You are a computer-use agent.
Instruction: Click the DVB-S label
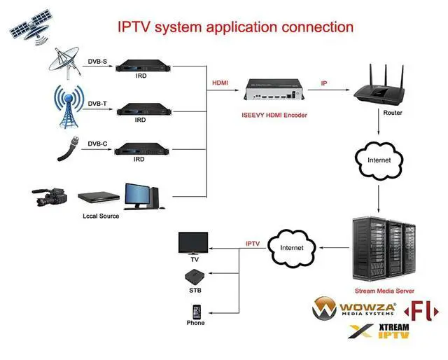97,62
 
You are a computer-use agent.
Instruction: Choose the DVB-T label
97,104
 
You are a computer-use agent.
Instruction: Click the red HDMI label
219,83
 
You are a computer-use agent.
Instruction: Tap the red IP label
323,83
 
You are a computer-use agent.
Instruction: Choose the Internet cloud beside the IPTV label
292,247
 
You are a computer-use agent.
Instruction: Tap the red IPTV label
253,244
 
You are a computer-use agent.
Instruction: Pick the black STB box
195,275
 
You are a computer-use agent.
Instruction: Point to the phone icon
195,310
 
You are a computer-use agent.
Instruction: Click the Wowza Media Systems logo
355,308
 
